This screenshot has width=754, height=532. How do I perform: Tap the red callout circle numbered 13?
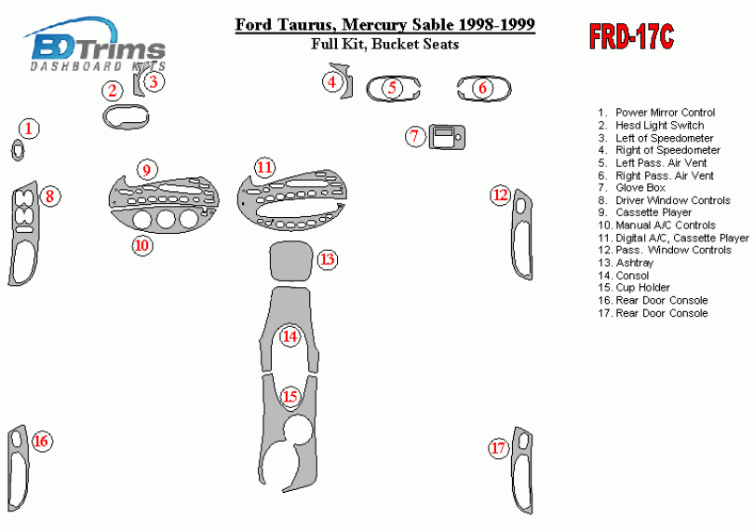point(328,259)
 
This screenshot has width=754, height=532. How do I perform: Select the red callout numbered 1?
point(31,128)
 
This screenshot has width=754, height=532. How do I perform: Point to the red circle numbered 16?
point(41,441)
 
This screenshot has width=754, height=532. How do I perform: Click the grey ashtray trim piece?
point(290,262)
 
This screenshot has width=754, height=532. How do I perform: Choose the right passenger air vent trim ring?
point(482,89)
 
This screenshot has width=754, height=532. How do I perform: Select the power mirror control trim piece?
point(18,149)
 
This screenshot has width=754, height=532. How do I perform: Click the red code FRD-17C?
point(631,38)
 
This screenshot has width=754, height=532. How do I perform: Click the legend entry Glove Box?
point(640,187)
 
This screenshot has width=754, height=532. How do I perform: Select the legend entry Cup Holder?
point(642,288)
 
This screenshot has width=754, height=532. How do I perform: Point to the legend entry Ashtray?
point(634,263)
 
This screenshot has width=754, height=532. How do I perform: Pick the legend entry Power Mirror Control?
point(665,113)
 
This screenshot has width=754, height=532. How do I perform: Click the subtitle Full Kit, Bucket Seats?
point(384,44)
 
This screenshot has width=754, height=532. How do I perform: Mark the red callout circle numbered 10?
point(141,245)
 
